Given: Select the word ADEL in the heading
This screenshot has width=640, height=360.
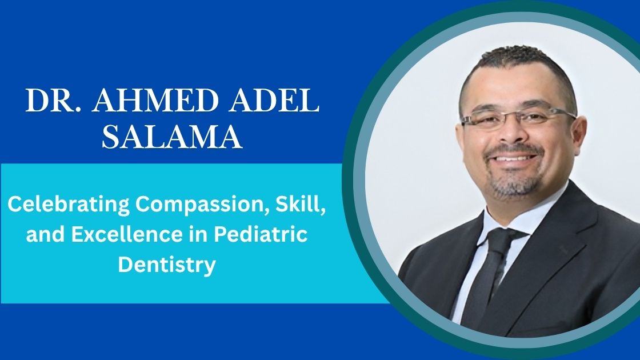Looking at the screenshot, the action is pyautogui.click(x=274, y=101).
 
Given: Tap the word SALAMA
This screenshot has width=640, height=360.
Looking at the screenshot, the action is pyautogui.click(x=172, y=137).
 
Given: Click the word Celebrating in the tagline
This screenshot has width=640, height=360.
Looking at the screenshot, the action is pyautogui.click(x=69, y=205).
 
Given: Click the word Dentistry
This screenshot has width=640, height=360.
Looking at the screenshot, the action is pyautogui.click(x=167, y=265).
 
